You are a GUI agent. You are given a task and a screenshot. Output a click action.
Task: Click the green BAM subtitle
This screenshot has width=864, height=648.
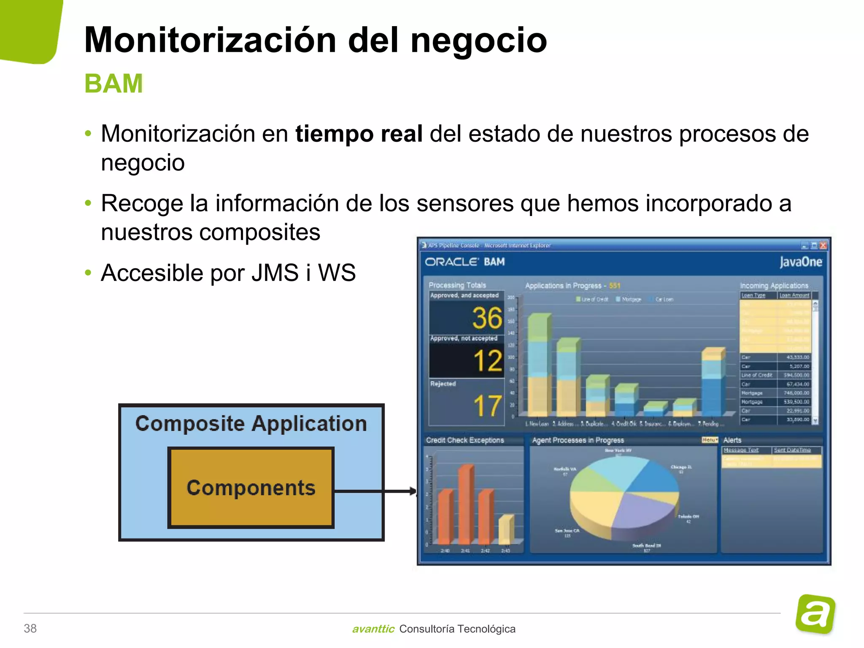tap(114, 84)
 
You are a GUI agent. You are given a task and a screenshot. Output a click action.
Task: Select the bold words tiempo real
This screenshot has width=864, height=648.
tap(359, 134)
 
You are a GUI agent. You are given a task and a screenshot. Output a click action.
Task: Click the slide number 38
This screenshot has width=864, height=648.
tap(30, 629)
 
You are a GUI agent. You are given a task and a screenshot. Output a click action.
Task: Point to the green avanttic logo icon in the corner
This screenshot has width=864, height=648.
tap(815, 614)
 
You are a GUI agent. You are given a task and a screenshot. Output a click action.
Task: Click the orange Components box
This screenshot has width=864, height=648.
tap(251, 488)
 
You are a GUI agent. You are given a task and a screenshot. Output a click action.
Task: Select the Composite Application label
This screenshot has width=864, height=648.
tap(251, 424)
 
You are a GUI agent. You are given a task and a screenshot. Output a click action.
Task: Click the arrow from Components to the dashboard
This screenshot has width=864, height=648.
tap(375, 491)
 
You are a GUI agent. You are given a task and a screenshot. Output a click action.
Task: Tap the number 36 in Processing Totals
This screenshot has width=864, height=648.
tap(487, 318)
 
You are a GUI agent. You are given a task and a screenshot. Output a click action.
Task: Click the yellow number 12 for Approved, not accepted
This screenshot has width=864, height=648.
tap(488, 361)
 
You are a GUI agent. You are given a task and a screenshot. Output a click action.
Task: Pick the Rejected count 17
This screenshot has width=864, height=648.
tap(488, 406)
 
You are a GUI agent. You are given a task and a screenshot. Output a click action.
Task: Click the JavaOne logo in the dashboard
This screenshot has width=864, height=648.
tap(801, 262)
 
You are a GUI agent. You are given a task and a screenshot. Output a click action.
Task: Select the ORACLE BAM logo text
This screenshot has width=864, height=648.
tap(464, 262)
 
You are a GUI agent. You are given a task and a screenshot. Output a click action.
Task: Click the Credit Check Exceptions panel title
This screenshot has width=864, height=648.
tap(464, 440)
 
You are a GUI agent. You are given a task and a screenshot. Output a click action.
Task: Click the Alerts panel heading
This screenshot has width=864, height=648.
tap(732, 440)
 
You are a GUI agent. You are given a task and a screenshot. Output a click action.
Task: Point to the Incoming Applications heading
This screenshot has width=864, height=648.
tap(774, 286)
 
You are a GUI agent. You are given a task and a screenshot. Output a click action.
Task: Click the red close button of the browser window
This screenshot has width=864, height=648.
tap(823, 246)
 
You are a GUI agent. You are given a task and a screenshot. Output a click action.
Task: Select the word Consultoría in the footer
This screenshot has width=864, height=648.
tap(427, 629)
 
